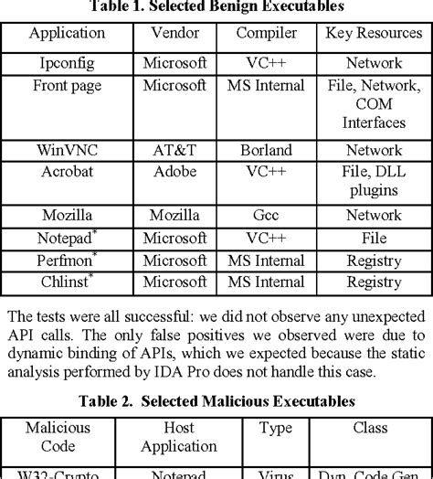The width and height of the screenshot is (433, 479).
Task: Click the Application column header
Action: [x=67, y=34]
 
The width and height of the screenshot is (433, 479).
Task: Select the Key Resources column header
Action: [x=375, y=34]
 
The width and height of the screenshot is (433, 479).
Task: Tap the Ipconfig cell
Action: [x=67, y=64]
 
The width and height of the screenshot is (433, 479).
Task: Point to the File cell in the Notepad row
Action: [x=375, y=239]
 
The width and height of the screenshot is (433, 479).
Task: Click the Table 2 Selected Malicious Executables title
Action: [x=216, y=401]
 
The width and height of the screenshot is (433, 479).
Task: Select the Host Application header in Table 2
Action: [x=179, y=437]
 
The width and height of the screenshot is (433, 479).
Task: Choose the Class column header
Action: [x=374, y=428]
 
